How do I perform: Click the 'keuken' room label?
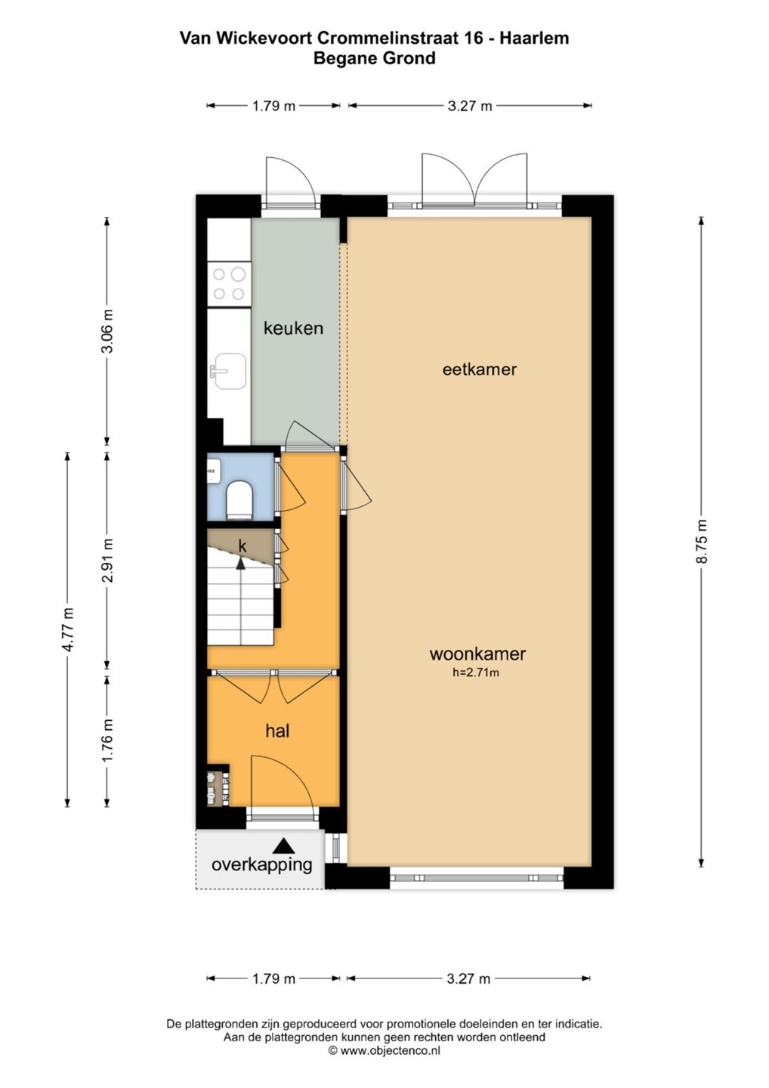pyautogui.click(x=293, y=328)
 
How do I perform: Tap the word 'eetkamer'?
pyautogui.click(x=479, y=369)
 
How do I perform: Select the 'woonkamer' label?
pyautogui.click(x=477, y=654)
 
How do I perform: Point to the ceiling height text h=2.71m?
pyautogui.click(x=476, y=672)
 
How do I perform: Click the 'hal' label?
pyautogui.click(x=277, y=731)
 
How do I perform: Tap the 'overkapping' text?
pyautogui.click(x=261, y=864)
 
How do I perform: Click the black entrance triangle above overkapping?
pyautogui.click(x=283, y=845)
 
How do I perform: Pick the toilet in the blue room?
pyautogui.click(x=239, y=499)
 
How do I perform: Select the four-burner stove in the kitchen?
pyautogui.click(x=229, y=284)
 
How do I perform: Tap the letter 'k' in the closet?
pyautogui.click(x=242, y=546)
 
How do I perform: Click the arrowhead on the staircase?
pyautogui.click(x=240, y=563)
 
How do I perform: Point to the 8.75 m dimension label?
pyautogui.click(x=701, y=541)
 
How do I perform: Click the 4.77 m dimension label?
pyautogui.click(x=67, y=629)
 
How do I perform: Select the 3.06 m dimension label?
pyautogui.click(x=107, y=331)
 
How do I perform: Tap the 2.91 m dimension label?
pyautogui.click(x=107, y=560)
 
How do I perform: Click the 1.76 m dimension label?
pyautogui.click(x=107, y=740)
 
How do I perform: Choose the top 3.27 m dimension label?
pyautogui.click(x=470, y=106)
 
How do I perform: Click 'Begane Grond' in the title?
pyautogui.click(x=375, y=58)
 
